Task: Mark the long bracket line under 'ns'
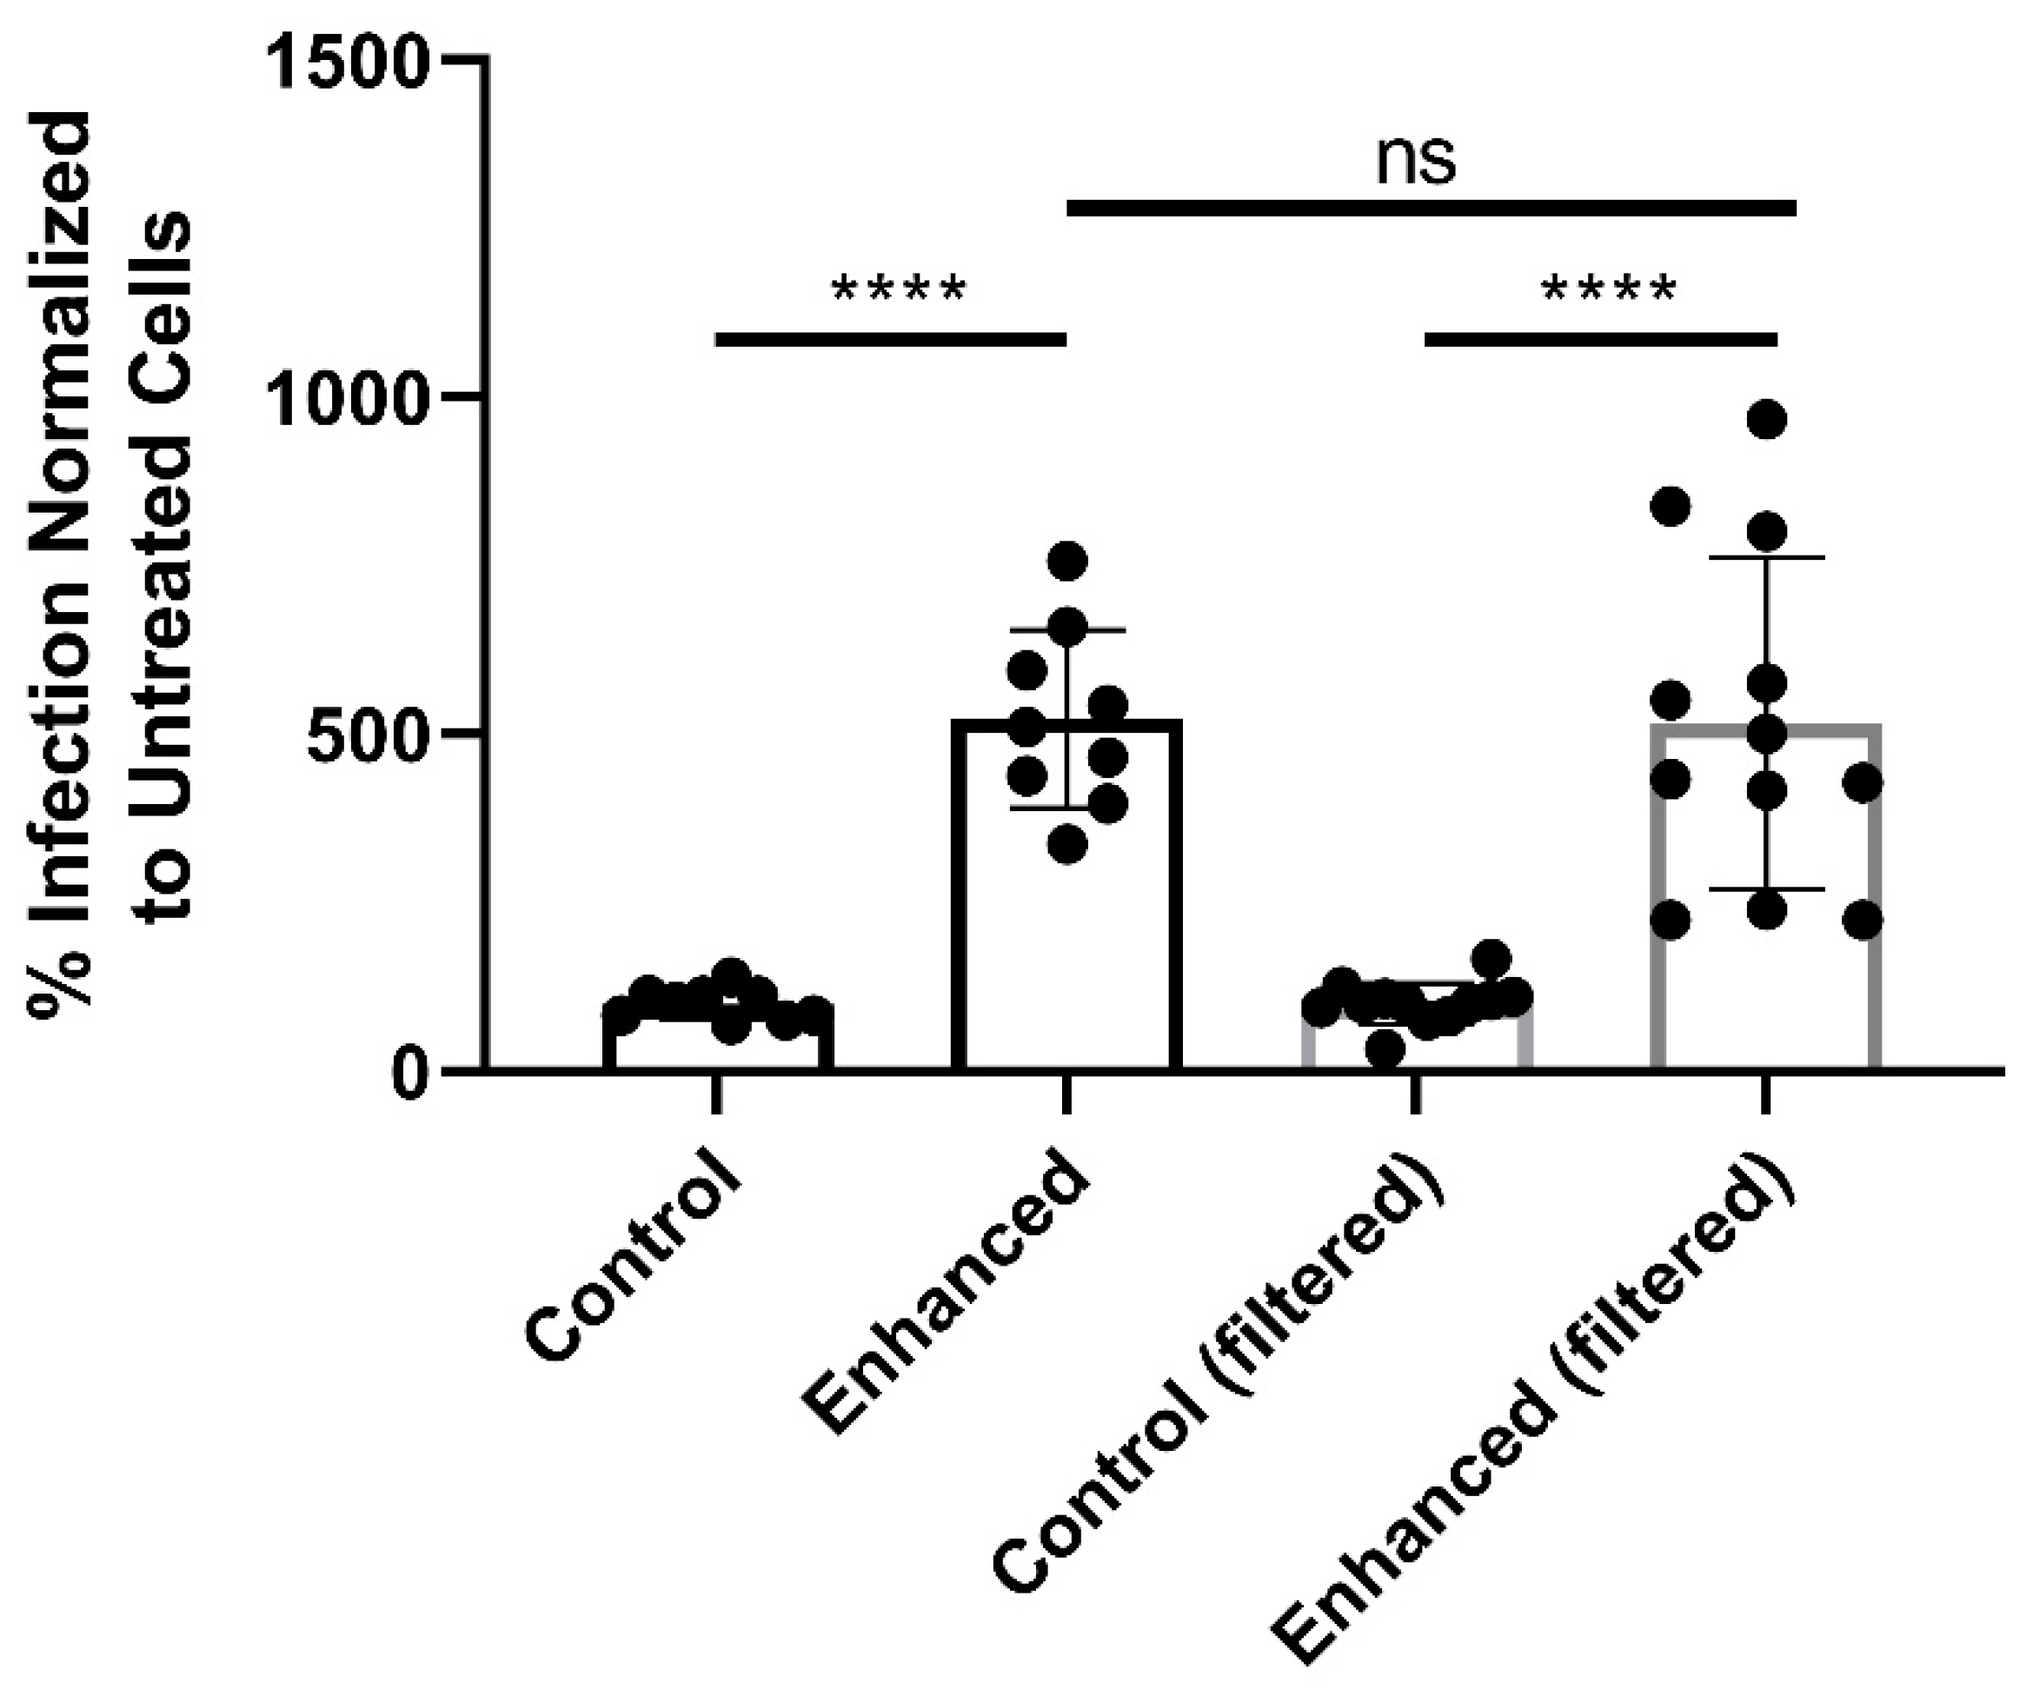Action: click(x=1431, y=208)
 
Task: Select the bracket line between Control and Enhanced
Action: click(x=891, y=339)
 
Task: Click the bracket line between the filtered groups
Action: click(x=1600, y=339)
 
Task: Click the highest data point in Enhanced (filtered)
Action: click(x=1767, y=420)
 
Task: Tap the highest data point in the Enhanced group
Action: click(x=1068, y=561)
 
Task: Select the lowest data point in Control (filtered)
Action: click(x=1385, y=1048)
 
